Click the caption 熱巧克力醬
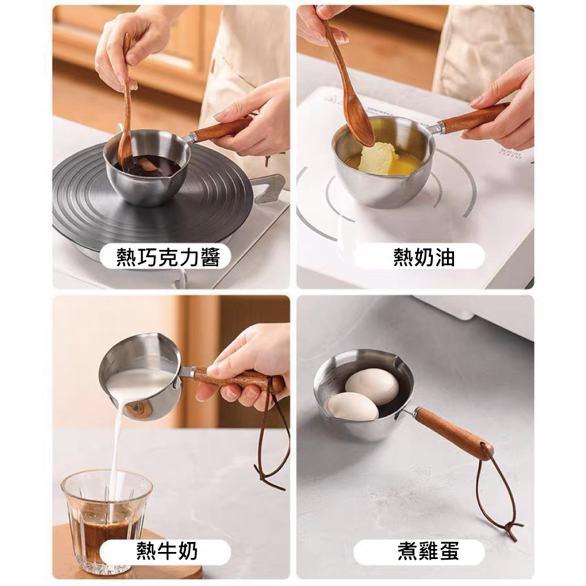pyautogui.click(x=168, y=257)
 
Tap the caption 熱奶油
pyautogui.click(x=424, y=257)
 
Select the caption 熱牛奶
pyautogui.click(x=167, y=551)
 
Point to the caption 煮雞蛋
pyautogui.click(x=428, y=551)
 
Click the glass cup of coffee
pyautogui.click(x=107, y=520)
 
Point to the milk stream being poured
pyautogui.click(x=117, y=460)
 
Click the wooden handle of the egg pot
pyautogui.click(x=453, y=433)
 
